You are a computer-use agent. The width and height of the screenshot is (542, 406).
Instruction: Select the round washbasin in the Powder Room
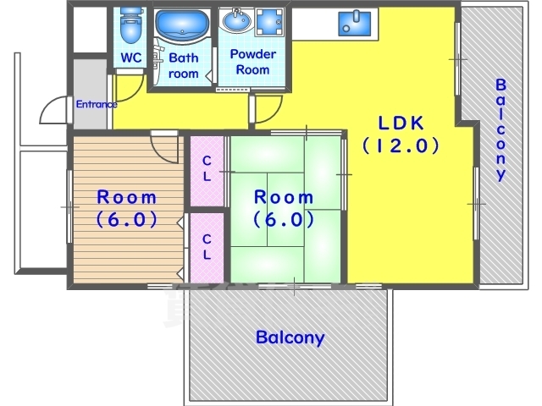click(237, 20)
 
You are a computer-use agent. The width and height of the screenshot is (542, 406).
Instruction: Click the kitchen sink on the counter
click(354, 24)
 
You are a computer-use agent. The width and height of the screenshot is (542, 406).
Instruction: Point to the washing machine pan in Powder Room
click(269, 22)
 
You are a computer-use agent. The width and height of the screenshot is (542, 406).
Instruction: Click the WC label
click(131, 58)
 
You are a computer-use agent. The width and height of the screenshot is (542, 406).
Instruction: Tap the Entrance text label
click(97, 104)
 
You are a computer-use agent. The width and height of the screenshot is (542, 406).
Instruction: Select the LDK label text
click(401, 123)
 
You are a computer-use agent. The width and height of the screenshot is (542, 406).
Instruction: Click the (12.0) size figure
click(401, 145)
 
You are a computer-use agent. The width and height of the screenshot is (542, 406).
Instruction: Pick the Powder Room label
click(252, 62)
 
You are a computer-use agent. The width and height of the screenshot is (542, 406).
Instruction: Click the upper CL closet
click(207, 171)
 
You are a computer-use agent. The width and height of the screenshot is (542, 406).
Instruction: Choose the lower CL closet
click(207, 248)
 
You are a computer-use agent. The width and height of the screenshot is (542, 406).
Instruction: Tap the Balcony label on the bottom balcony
click(290, 337)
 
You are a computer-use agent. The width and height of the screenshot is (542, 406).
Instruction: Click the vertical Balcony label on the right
click(501, 129)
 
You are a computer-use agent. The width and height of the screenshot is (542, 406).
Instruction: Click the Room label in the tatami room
click(284, 197)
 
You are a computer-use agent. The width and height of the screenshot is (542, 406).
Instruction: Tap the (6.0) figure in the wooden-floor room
click(126, 219)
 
